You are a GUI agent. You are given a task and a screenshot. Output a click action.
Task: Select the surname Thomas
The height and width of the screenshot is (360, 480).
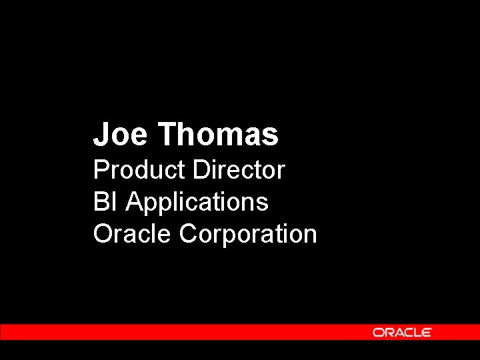(x=218, y=134)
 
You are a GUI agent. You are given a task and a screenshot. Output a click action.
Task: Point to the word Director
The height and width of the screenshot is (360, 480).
(x=239, y=170)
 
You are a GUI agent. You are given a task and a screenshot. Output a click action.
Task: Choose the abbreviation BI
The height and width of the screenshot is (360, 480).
(x=105, y=201)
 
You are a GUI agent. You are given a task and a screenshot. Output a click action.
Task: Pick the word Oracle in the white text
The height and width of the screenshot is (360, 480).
(x=133, y=234)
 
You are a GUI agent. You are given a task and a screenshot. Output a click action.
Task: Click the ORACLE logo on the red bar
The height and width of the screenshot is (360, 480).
(x=402, y=332)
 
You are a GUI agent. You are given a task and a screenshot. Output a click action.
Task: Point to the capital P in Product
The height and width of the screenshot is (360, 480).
(x=101, y=170)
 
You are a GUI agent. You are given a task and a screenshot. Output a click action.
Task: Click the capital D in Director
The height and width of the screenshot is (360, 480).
(x=201, y=170)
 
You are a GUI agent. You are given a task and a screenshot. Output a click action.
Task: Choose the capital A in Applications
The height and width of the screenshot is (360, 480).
(x=135, y=201)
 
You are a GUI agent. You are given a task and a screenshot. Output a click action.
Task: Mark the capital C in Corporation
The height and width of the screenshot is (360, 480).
(x=189, y=234)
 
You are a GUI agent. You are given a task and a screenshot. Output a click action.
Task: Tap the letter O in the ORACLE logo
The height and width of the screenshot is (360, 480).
(x=378, y=332)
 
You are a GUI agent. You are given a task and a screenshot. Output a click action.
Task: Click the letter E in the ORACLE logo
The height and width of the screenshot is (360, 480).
(x=426, y=332)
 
